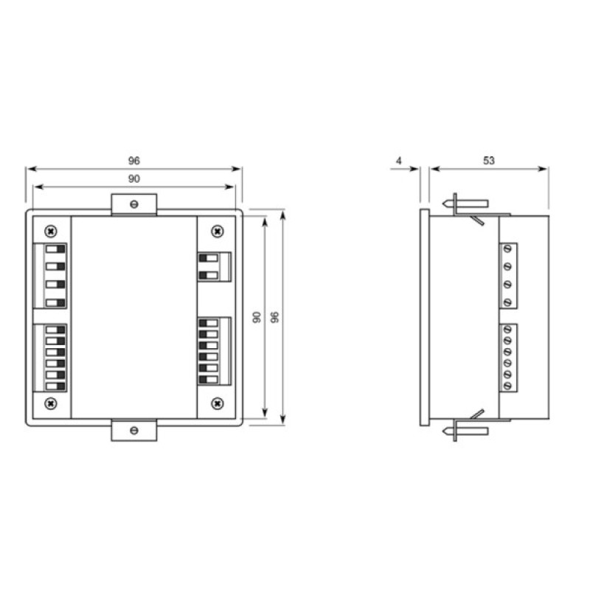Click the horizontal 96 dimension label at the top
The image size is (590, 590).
pyautogui.click(x=134, y=161)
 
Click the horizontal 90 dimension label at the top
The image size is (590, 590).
pyautogui.click(x=134, y=178)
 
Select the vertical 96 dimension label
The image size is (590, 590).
pyautogui.click(x=275, y=317)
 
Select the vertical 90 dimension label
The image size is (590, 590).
pyautogui.click(x=257, y=317)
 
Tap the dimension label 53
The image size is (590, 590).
pyautogui.click(x=489, y=161)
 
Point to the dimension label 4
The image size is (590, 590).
pyautogui.click(x=399, y=161)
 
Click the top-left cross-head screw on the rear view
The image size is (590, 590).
pyautogui.click(x=51, y=231)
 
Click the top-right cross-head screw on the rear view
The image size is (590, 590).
pyautogui.click(x=218, y=231)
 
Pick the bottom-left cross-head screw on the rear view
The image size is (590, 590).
pyautogui.click(x=51, y=403)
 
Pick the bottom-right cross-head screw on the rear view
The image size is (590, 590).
pyautogui.click(x=218, y=403)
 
